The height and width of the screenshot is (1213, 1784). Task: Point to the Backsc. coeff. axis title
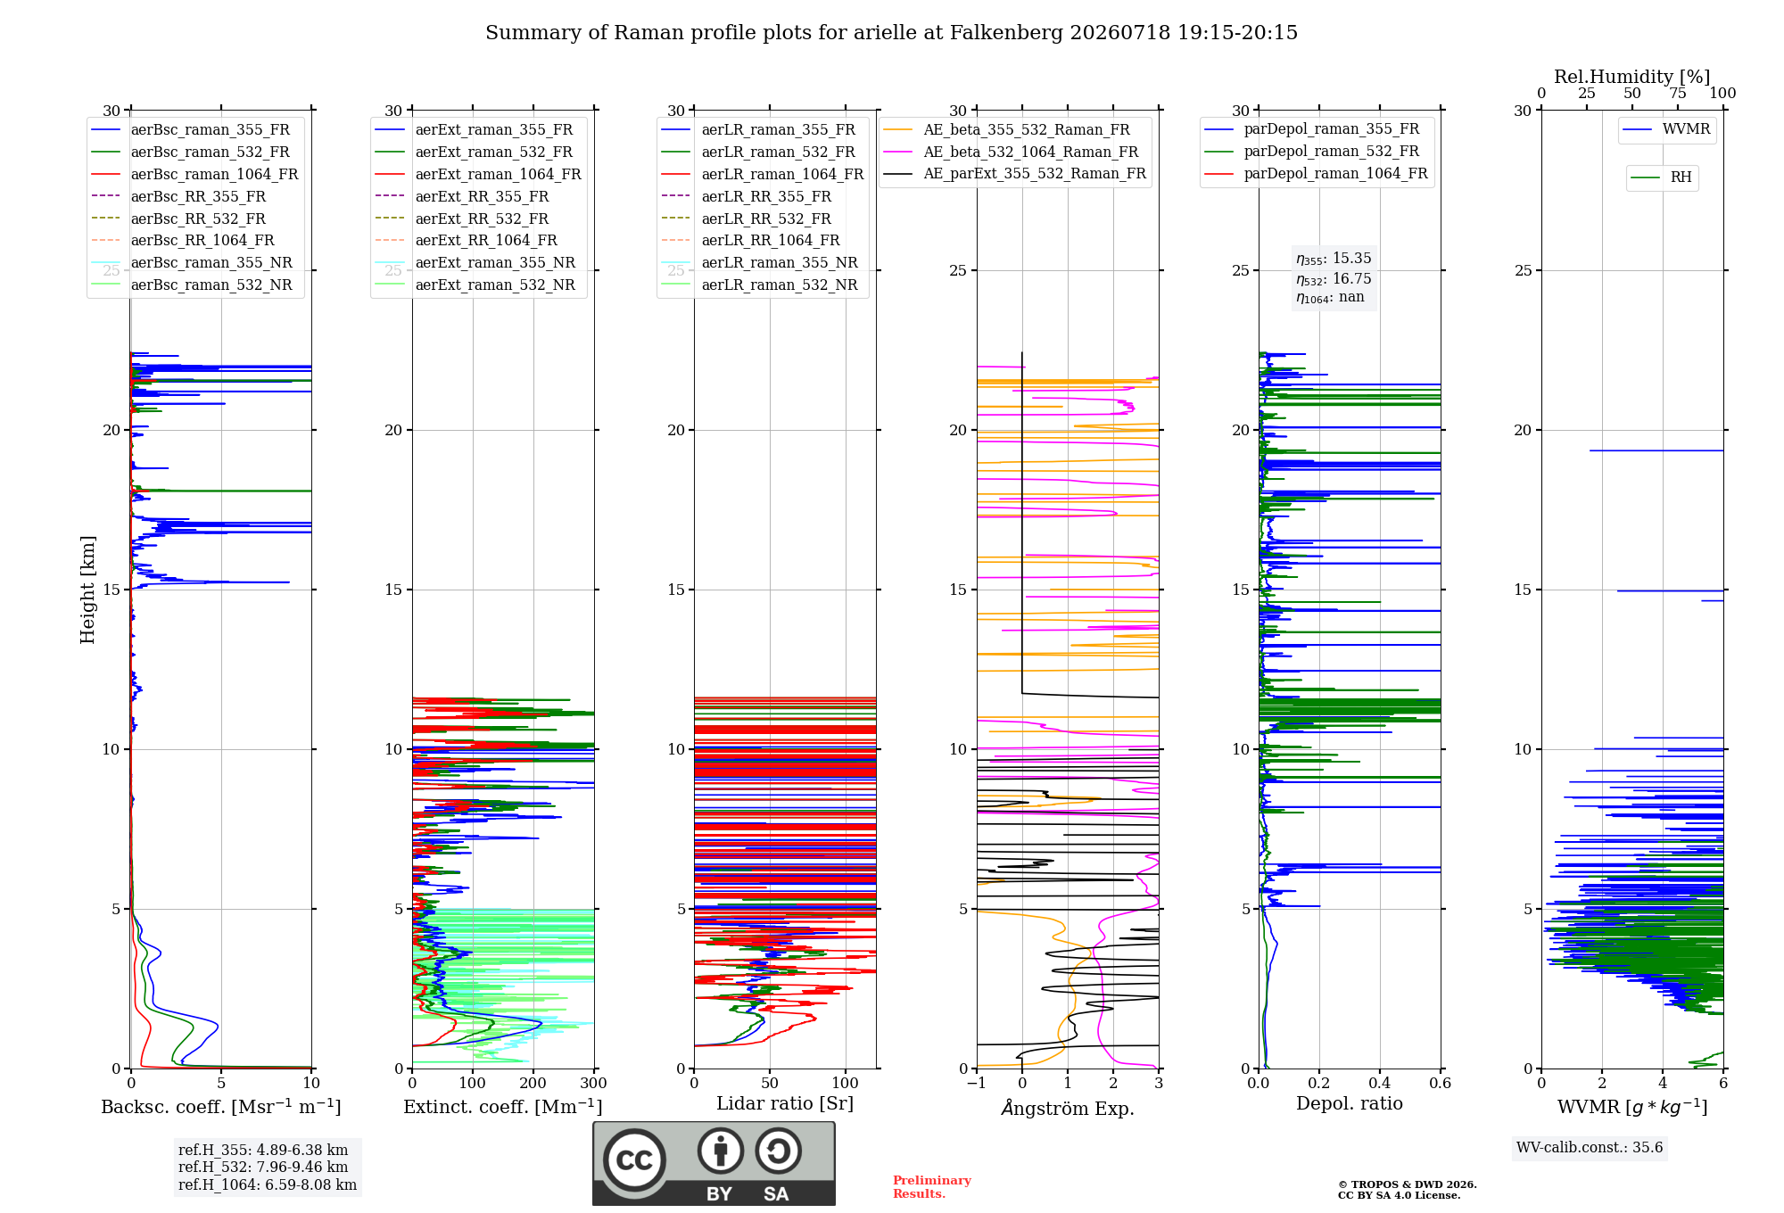pos(221,1107)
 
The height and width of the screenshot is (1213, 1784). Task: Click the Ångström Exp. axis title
pos(1068,1108)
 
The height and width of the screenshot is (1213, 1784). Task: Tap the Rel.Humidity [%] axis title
pos(1632,77)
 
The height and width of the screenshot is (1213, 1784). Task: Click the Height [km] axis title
pos(87,590)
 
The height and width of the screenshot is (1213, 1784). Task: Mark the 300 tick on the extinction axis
pos(594,1083)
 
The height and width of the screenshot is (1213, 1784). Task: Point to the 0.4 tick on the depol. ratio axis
pos(1380,1083)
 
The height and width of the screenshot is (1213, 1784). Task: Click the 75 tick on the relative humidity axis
pos(1678,94)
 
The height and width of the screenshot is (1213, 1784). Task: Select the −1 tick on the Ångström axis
pos(977,1083)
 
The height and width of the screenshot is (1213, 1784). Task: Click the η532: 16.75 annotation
pos(1334,279)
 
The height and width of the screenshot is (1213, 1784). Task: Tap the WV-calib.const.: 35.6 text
pos(1590,1148)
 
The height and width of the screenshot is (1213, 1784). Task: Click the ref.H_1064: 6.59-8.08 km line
pos(268,1185)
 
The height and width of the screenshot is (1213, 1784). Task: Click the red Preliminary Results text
pos(932,1187)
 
